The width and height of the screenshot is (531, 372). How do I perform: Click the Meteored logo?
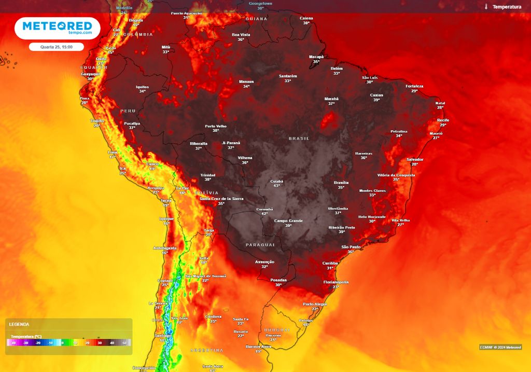tap(57, 27)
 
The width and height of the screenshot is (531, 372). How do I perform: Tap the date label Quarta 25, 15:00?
tap(56, 47)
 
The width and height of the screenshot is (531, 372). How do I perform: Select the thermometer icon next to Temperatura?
tap(486, 7)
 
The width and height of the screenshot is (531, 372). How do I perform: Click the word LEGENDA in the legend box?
tap(19, 324)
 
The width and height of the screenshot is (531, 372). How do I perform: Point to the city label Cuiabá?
tap(277, 181)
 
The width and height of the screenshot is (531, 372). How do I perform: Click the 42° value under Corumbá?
tap(264, 214)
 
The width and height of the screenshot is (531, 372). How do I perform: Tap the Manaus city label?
tap(246, 81)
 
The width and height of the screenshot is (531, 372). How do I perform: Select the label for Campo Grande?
tap(288, 221)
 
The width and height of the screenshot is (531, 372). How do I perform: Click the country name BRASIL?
tap(299, 139)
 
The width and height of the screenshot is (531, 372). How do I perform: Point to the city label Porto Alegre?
tap(315, 304)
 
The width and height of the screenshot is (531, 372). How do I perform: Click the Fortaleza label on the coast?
tap(414, 86)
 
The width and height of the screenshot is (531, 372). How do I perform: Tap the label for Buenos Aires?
tap(258, 346)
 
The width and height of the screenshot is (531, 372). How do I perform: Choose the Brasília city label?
tap(341, 183)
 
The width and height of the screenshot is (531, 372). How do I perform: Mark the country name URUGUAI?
tap(277, 330)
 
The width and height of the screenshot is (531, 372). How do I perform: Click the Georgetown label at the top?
tap(260, 3)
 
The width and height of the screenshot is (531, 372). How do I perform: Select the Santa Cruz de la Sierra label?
tap(221, 198)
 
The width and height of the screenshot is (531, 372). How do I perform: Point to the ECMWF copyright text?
tap(500, 347)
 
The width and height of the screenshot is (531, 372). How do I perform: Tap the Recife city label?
tap(443, 120)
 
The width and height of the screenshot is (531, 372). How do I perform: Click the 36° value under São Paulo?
tap(351, 252)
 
